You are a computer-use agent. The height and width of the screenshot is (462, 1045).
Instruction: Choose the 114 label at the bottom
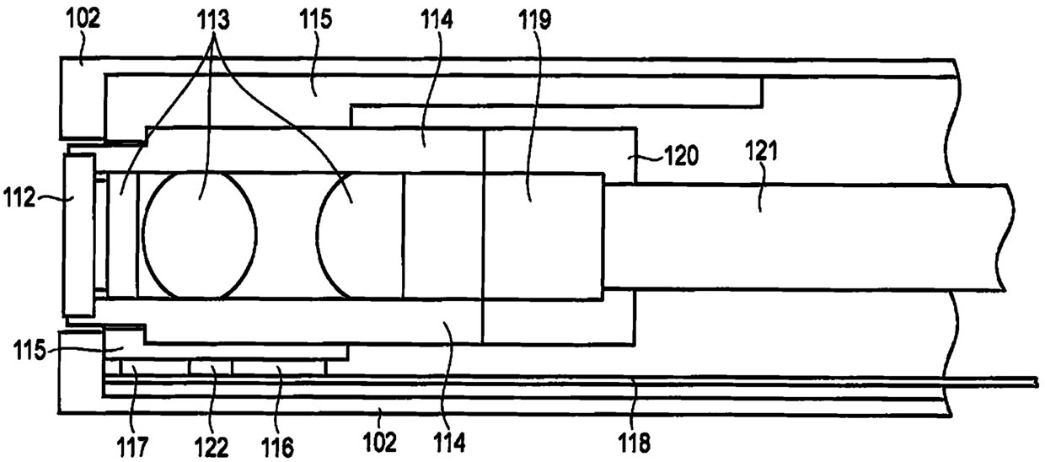(450, 439)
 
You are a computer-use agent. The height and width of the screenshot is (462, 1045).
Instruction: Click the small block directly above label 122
(210, 368)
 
